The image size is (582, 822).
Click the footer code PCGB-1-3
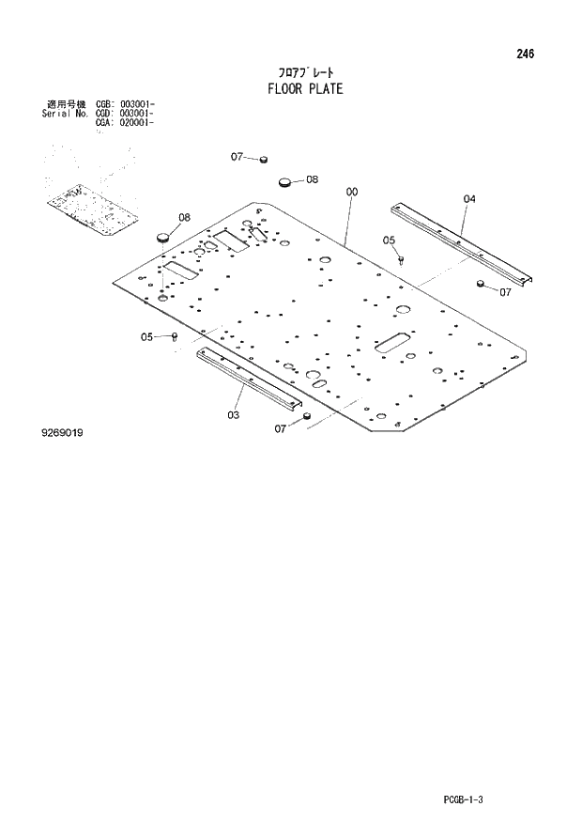[467, 800]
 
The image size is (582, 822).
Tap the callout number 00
[351, 193]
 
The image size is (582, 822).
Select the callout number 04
[469, 198]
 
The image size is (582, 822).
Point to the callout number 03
[233, 414]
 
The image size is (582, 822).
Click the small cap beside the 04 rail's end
[482, 284]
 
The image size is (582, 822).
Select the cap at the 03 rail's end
[306, 417]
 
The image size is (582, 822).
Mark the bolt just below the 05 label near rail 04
[401, 257]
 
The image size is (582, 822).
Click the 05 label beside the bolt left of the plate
[147, 336]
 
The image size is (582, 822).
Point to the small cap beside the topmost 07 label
[265, 160]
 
